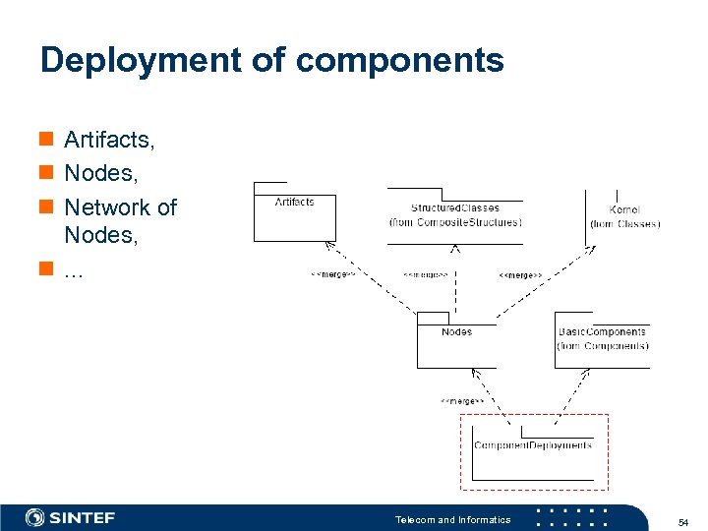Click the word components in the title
[399, 61]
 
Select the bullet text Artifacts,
[109, 141]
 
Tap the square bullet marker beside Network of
[45, 207]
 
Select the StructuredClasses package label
[454, 207]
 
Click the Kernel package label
[624, 209]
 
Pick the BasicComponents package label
[602, 332]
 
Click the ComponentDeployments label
[533, 445]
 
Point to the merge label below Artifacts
[332, 275]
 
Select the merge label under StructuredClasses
[425, 275]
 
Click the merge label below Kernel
[520, 275]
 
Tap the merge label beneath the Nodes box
[461, 401]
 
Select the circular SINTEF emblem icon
[35, 518]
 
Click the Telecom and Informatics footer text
[452, 519]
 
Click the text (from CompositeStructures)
[454, 222]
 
